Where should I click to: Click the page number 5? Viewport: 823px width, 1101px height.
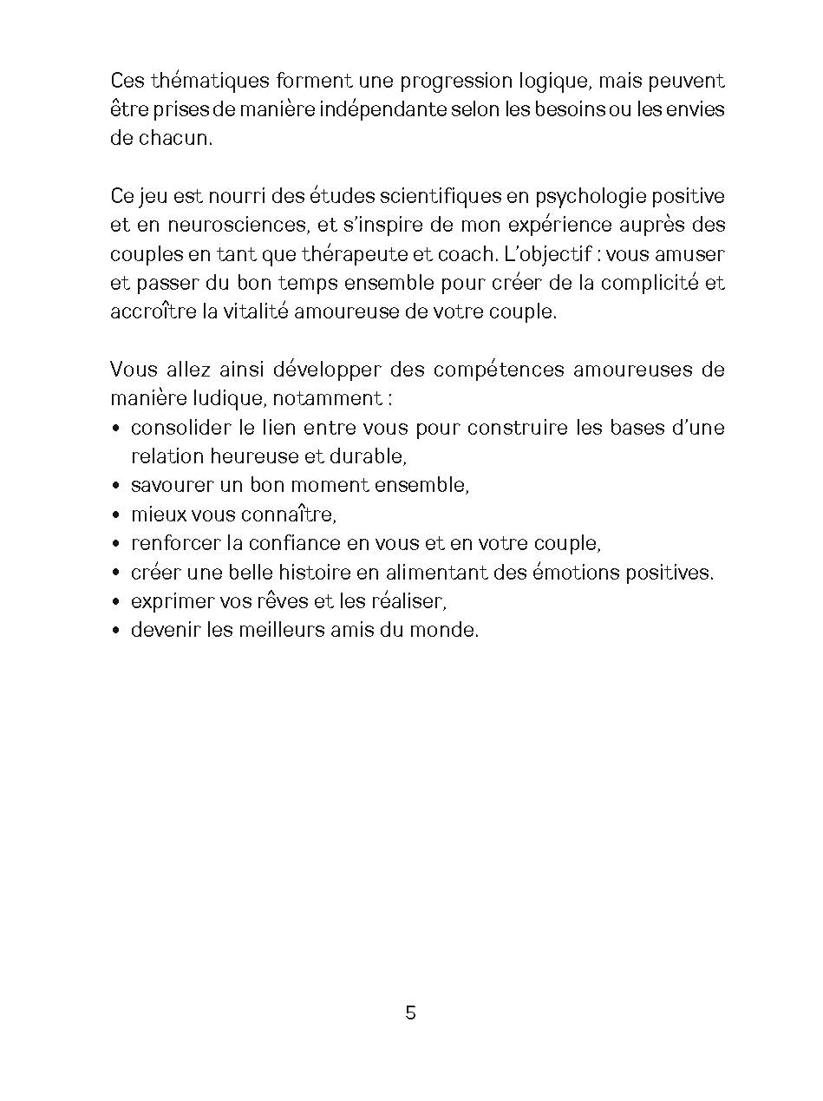point(410,1013)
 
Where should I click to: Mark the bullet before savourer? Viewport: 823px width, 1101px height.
point(116,487)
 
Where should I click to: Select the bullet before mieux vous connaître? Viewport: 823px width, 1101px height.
point(116,515)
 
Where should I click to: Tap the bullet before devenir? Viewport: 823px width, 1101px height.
point(116,631)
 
